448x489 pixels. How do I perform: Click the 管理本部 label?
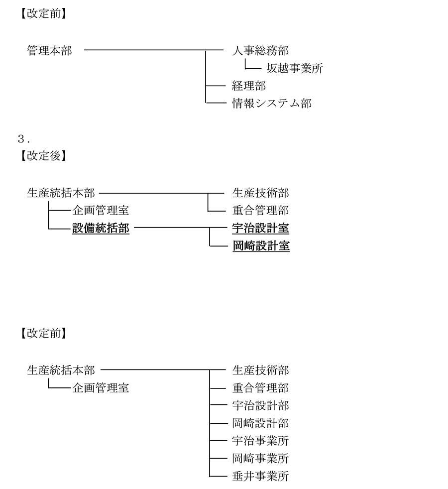[50, 50]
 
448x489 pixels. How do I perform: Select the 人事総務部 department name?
[260, 50]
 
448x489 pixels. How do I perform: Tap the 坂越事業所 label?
[295, 68]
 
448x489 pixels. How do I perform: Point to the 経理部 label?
[249, 86]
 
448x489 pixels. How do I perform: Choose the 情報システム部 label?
[272, 103]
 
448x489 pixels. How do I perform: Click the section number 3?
[24, 139]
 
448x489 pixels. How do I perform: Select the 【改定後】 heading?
[43, 156]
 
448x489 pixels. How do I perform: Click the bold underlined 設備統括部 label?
[101, 228]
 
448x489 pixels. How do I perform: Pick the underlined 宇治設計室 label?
[260, 228]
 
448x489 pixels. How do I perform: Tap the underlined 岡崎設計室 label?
[261, 246]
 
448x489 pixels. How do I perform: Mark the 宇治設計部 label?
[260, 405]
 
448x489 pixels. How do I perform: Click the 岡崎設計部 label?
[260, 423]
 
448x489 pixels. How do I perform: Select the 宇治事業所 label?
[260, 441]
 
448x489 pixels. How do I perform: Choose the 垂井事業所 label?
[260, 476]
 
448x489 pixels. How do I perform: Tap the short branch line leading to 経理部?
[216, 86]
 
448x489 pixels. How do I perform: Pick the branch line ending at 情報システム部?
[216, 102]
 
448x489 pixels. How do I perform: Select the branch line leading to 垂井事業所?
[218, 476]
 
